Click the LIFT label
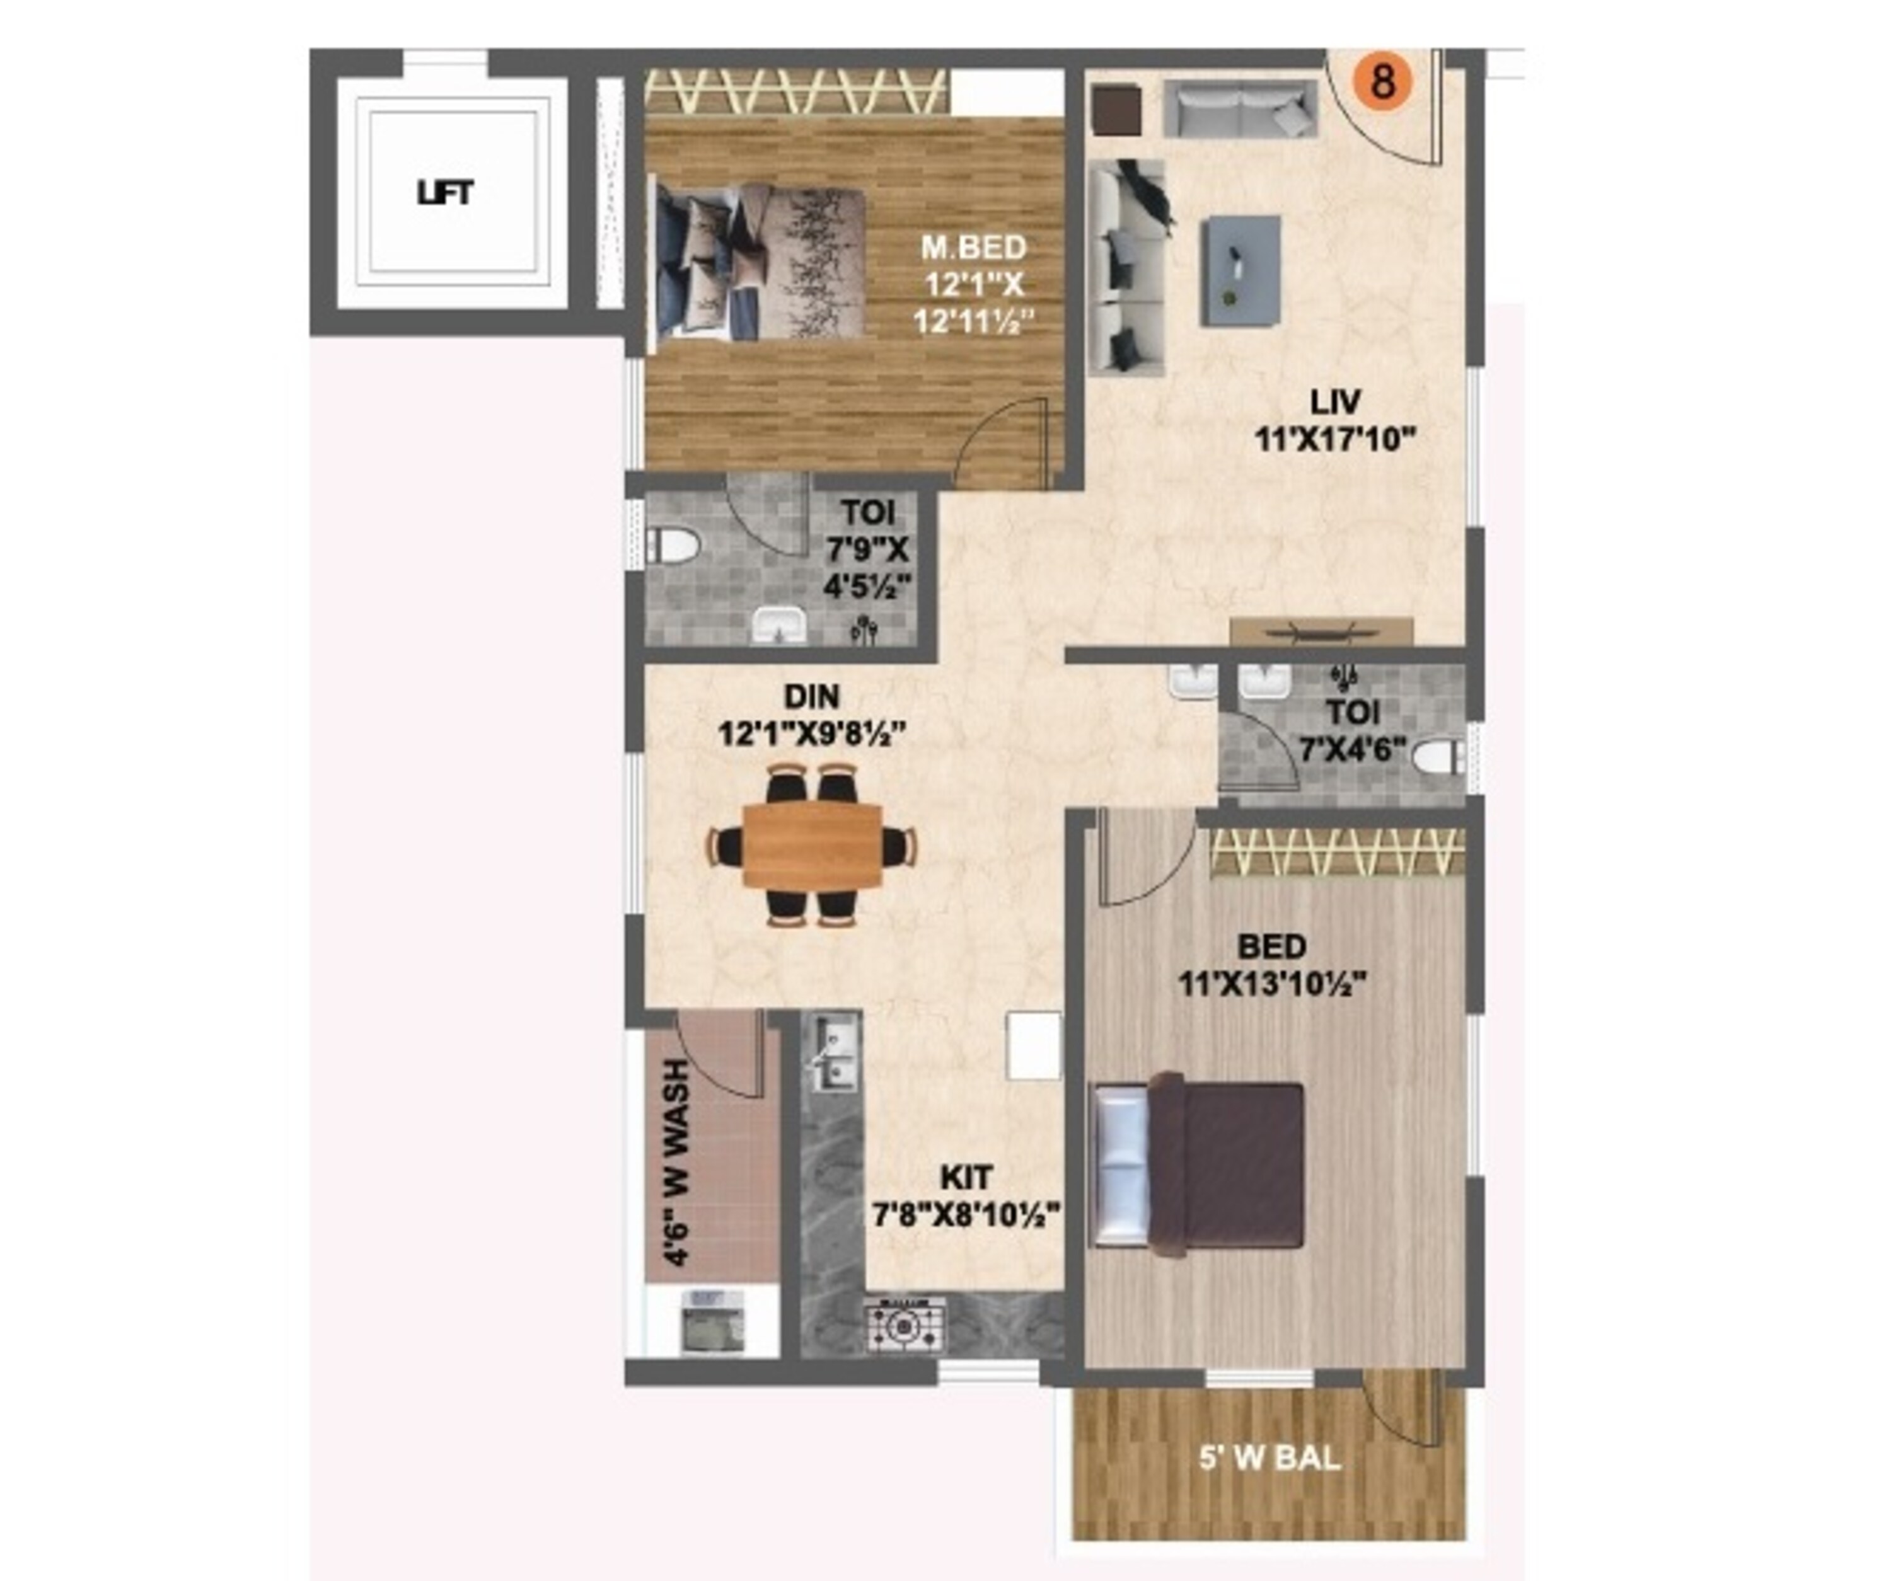click(x=445, y=193)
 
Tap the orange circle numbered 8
click(x=1382, y=81)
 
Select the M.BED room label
click(x=973, y=246)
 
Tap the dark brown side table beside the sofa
click(x=1116, y=110)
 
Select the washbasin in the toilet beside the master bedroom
click(x=780, y=625)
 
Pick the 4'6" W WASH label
click(x=674, y=1163)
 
